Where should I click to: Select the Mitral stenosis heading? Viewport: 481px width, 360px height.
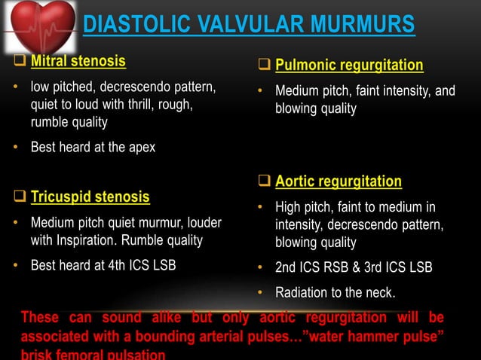click(78, 60)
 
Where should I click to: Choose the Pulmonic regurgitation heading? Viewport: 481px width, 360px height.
click(349, 66)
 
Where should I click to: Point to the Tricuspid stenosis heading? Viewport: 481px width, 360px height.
click(90, 197)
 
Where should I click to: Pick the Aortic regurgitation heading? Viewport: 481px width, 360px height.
click(339, 182)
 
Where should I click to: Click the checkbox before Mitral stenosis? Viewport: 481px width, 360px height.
click(20, 60)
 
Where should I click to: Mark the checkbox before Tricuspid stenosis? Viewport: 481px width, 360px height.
click(20, 197)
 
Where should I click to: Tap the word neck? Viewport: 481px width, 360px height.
click(379, 292)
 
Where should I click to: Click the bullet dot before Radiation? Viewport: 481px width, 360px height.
click(260, 292)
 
